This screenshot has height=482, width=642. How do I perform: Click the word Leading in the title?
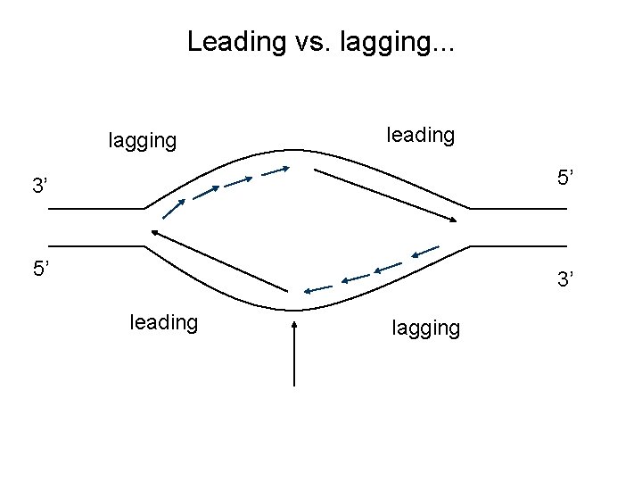coord(231,42)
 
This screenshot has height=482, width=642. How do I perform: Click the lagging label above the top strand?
coord(142,140)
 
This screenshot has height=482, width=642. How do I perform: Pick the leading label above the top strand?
coord(420,135)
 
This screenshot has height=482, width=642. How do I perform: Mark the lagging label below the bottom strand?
coord(426,328)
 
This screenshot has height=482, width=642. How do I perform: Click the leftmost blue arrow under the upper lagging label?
coord(174,208)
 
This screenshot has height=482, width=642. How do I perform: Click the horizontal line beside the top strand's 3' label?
coord(95,209)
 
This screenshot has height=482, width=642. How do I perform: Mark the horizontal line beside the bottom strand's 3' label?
coord(518,245)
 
